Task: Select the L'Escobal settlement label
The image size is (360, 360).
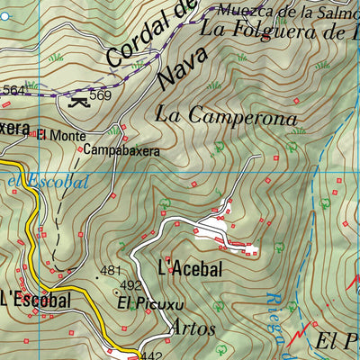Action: [36, 300]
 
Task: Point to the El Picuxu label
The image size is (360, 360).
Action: [144, 304]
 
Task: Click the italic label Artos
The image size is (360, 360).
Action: [193, 328]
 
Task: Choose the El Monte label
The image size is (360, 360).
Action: [61, 136]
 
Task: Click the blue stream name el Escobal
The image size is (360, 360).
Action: [47, 181]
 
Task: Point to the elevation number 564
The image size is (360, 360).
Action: [13, 90]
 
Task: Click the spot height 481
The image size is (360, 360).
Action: [110, 270]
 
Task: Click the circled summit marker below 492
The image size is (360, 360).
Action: [118, 291]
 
